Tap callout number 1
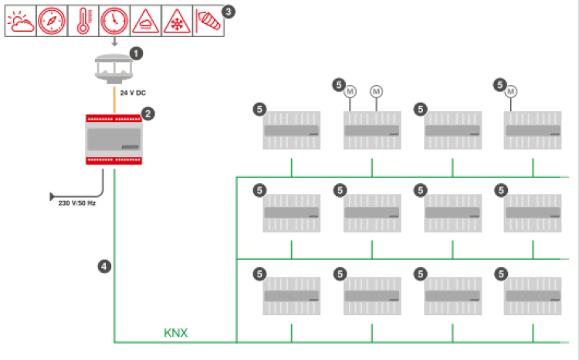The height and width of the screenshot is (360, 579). (x=136, y=54)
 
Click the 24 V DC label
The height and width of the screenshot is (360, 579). (x=133, y=93)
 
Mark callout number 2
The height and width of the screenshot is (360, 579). (x=148, y=114)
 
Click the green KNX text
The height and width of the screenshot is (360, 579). (x=175, y=334)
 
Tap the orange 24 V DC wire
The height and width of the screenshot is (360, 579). (x=114, y=98)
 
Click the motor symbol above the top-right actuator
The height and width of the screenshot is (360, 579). (x=511, y=92)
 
